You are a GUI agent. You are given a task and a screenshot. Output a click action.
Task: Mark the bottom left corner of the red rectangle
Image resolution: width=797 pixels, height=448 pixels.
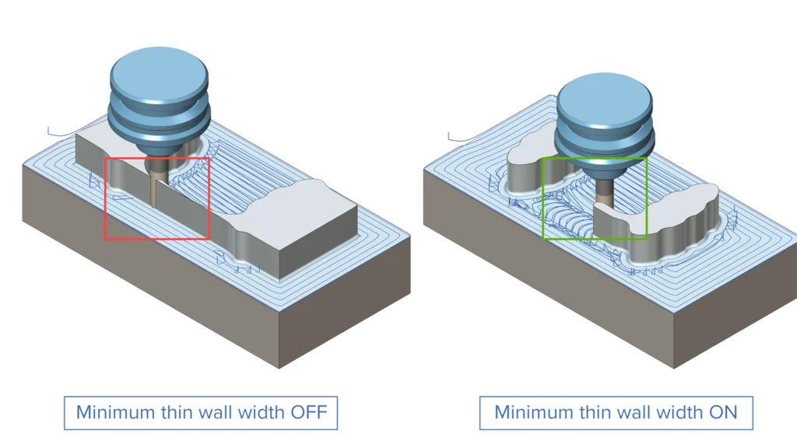[x=105, y=238]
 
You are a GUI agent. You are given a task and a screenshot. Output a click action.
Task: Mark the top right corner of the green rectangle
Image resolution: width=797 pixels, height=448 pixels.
[x=647, y=158]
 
